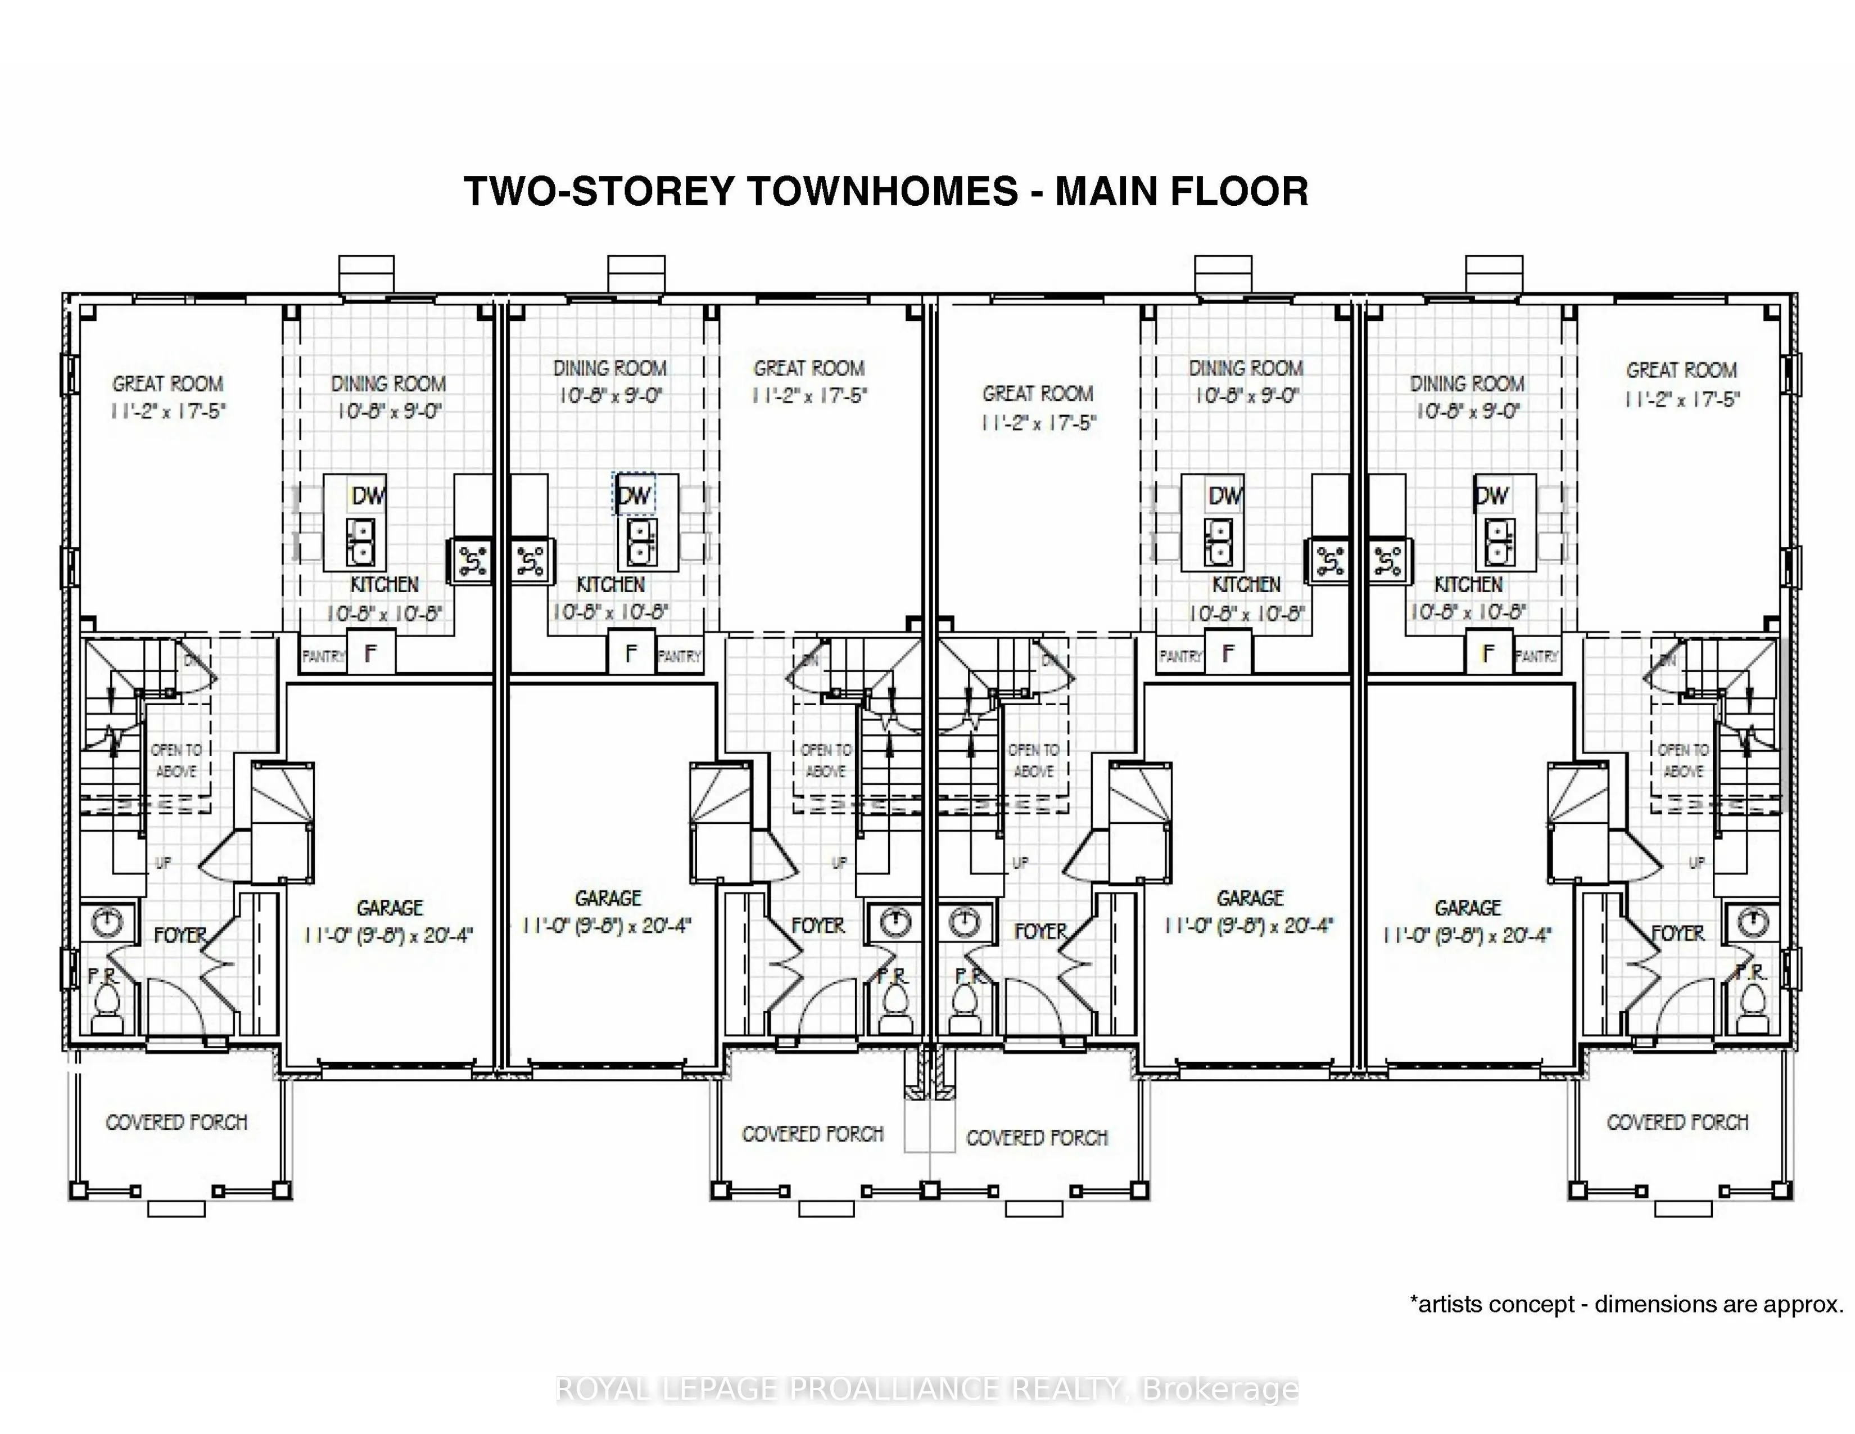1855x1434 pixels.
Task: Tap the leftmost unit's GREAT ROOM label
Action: pos(168,384)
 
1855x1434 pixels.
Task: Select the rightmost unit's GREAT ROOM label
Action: pos(1681,371)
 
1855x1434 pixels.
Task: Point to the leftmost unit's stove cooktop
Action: pos(472,561)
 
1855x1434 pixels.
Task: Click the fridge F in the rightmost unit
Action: pos(1487,653)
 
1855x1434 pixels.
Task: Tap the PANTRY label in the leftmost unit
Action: pos(323,656)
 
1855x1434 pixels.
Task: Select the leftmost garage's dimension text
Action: pos(388,935)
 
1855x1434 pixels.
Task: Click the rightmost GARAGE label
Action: pos(1468,907)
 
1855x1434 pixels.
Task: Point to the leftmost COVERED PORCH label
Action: pos(176,1122)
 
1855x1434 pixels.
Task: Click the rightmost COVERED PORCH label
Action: pos(1677,1122)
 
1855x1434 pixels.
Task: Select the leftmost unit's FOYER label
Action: pos(180,935)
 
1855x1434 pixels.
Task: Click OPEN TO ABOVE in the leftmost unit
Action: pos(176,760)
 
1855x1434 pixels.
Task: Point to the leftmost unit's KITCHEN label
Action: pos(384,584)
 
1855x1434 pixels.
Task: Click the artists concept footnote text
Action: pos(1626,1304)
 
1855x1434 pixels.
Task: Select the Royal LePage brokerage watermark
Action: pos(926,1389)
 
